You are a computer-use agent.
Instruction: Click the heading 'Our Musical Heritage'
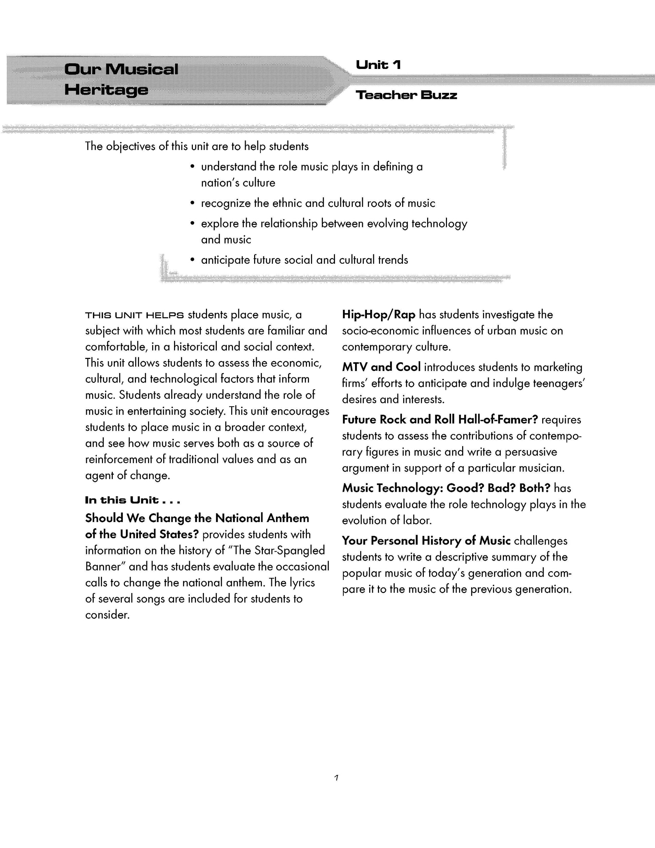121,80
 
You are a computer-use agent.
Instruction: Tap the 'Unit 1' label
378,65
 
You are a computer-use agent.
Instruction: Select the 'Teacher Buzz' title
406,95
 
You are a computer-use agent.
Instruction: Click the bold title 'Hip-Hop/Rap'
378,315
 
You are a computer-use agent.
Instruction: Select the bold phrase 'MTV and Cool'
381,367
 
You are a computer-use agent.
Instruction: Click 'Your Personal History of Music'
426,541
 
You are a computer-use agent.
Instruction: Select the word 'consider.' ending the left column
107,615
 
